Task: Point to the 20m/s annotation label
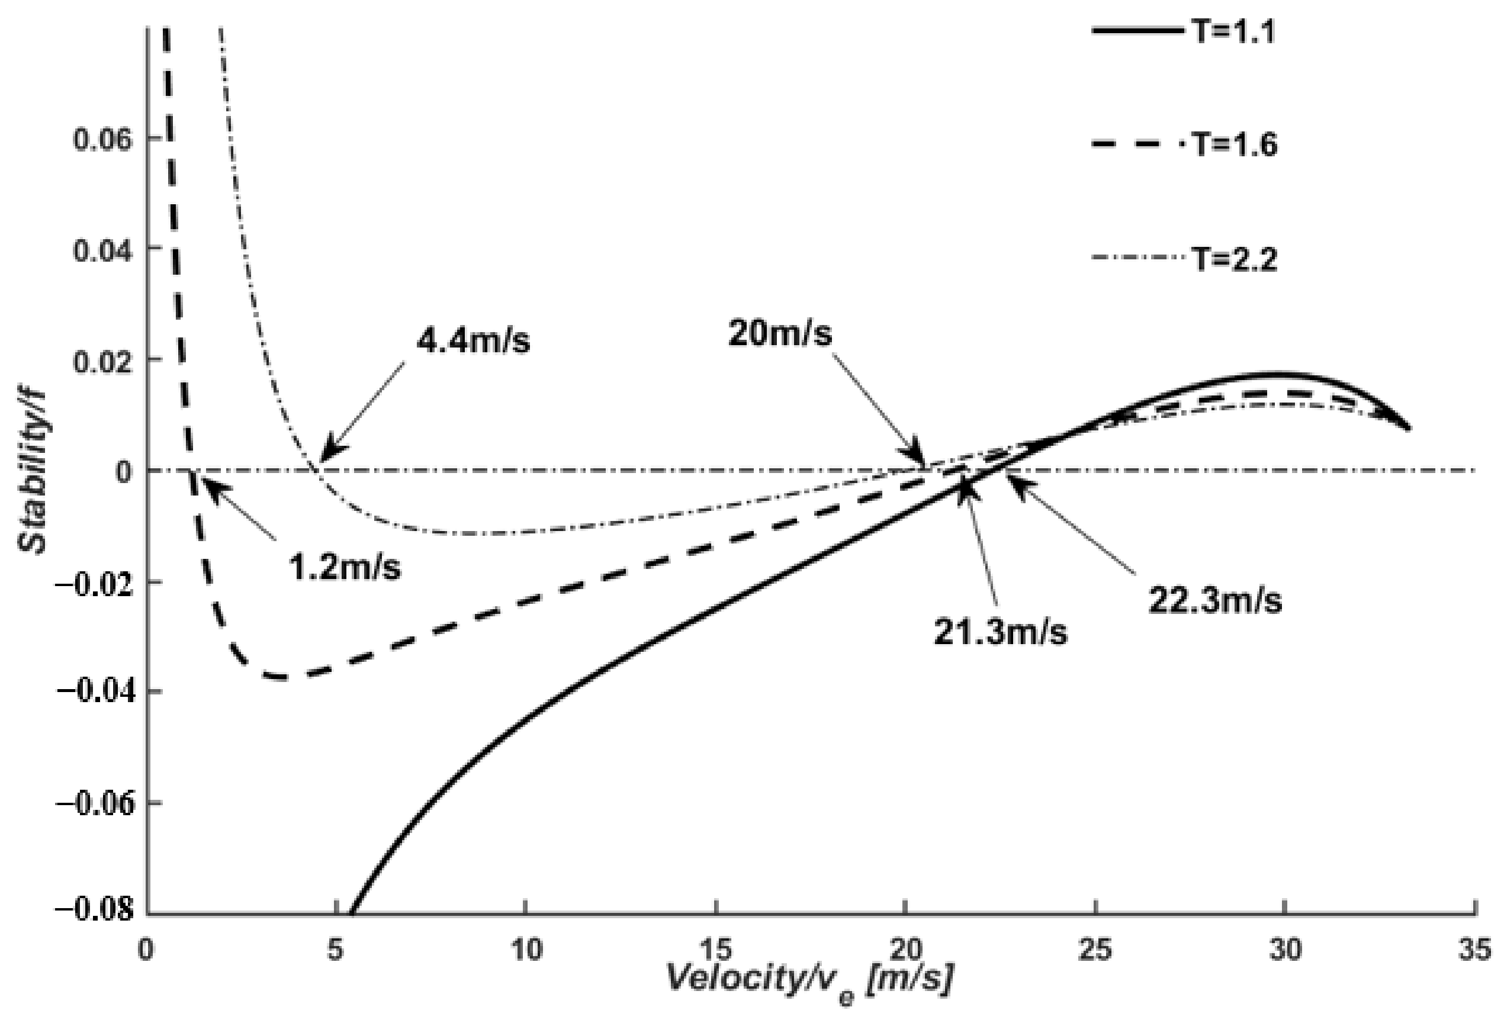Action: [x=780, y=334]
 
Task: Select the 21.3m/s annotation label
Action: [x=1000, y=632]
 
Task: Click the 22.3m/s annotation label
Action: [x=1214, y=600]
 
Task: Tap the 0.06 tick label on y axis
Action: [x=104, y=139]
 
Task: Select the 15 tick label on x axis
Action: [x=715, y=950]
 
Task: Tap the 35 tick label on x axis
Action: [x=1475, y=950]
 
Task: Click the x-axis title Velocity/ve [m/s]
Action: [x=809, y=980]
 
